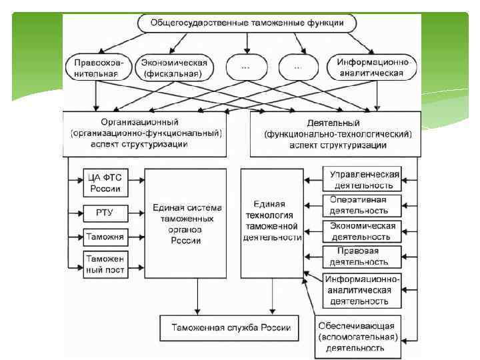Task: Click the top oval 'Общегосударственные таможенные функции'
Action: [247, 23]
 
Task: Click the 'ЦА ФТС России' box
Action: [105, 183]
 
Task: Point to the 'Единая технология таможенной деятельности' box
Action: [272, 221]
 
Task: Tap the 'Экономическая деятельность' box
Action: [364, 231]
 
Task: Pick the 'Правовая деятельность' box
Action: [364, 257]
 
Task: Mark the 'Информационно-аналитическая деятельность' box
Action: [364, 289]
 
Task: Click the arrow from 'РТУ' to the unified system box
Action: [135, 213]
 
